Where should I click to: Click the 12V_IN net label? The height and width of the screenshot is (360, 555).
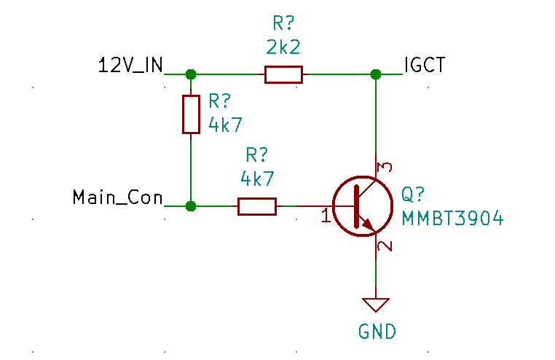click(x=130, y=66)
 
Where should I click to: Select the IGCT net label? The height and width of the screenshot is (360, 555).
click(x=425, y=66)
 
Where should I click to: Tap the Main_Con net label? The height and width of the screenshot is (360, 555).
click(x=117, y=197)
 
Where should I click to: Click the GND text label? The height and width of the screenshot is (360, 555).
click(x=377, y=332)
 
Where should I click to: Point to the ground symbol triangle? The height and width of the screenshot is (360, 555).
click(x=377, y=305)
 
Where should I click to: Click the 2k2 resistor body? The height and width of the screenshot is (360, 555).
click(x=283, y=74)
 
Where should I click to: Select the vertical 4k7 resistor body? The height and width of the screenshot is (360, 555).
click(x=191, y=114)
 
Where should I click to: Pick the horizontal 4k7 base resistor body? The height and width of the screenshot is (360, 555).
click(x=257, y=206)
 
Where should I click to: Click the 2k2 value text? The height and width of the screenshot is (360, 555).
click(x=283, y=48)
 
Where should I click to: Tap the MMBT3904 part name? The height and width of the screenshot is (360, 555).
click(x=452, y=218)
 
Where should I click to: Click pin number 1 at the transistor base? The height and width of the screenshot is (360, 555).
click(x=326, y=216)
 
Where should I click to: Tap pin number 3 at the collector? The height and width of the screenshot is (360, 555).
click(x=386, y=167)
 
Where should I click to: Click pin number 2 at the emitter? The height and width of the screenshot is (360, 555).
click(x=386, y=246)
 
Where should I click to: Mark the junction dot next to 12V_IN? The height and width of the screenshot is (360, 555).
click(x=191, y=74)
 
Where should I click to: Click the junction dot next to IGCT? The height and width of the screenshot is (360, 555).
click(x=376, y=74)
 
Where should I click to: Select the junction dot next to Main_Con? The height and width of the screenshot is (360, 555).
click(x=191, y=206)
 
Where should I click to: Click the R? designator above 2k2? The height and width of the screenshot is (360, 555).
click(x=283, y=22)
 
